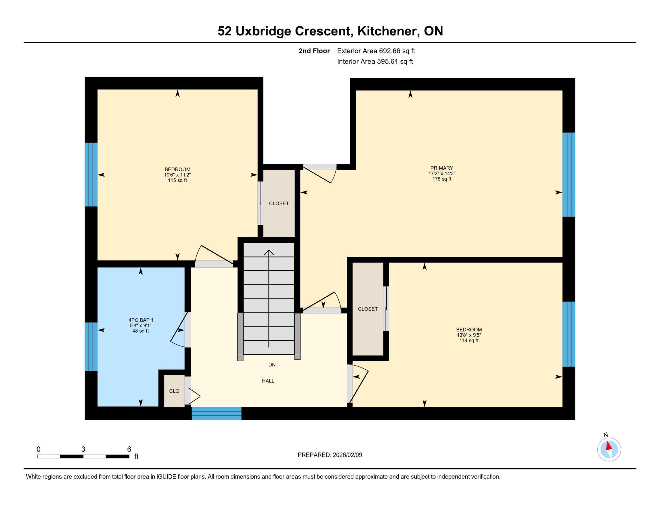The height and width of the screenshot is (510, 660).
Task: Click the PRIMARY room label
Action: coord(442,168)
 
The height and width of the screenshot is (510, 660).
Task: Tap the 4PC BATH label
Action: coord(140,320)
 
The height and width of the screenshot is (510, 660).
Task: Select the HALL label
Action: coord(268,381)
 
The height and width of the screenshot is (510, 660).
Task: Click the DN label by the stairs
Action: coord(272,365)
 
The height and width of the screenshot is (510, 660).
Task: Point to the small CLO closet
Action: coord(174,391)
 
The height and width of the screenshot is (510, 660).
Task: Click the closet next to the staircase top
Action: coord(279,203)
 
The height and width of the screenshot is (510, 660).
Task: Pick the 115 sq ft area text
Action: coord(177,180)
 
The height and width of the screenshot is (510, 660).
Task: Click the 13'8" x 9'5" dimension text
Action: coord(469,335)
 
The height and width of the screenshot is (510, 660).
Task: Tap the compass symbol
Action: coord(609,449)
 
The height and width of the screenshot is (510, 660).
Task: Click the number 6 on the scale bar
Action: coord(129,449)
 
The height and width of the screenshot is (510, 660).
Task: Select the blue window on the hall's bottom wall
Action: coord(216,413)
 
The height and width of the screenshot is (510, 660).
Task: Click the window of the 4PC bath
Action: coord(91,346)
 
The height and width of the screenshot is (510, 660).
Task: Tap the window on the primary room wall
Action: coord(569,175)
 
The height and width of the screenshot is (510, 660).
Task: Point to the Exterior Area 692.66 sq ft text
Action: coord(376,51)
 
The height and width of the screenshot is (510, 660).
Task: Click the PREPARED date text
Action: coord(330,455)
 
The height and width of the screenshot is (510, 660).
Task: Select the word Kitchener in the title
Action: coord(388,31)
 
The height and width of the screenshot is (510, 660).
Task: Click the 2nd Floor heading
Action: coord(314,51)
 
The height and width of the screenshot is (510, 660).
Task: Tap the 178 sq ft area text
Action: coord(442,179)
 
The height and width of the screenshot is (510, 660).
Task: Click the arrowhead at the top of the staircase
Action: coord(269,252)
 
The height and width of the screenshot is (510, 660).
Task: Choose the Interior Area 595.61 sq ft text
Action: coord(375,61)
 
